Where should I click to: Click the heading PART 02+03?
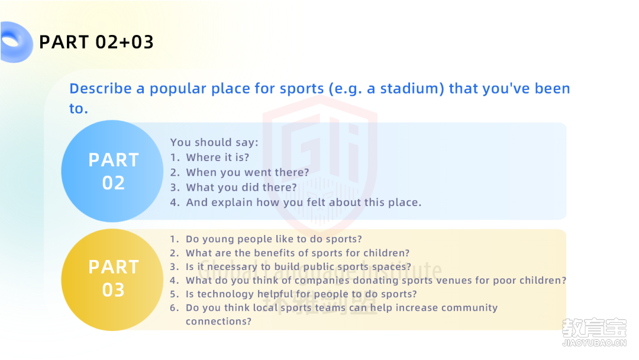(x=96, y=42)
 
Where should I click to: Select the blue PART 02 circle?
(x=112, y=171)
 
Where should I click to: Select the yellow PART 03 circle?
(x=112, y=279)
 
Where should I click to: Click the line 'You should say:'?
(x=214, y=142)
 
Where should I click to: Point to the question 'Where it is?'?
(x=218, y=157)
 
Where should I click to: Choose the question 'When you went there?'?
(x=248, y=172)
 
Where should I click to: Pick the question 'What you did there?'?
(x=241, y=187)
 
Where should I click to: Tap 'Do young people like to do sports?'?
(x=274, y=239)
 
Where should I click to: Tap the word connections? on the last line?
(x=219, y=322)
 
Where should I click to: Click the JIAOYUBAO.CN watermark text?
(x=594, y=343)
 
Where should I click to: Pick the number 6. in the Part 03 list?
(x=175, y=308)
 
